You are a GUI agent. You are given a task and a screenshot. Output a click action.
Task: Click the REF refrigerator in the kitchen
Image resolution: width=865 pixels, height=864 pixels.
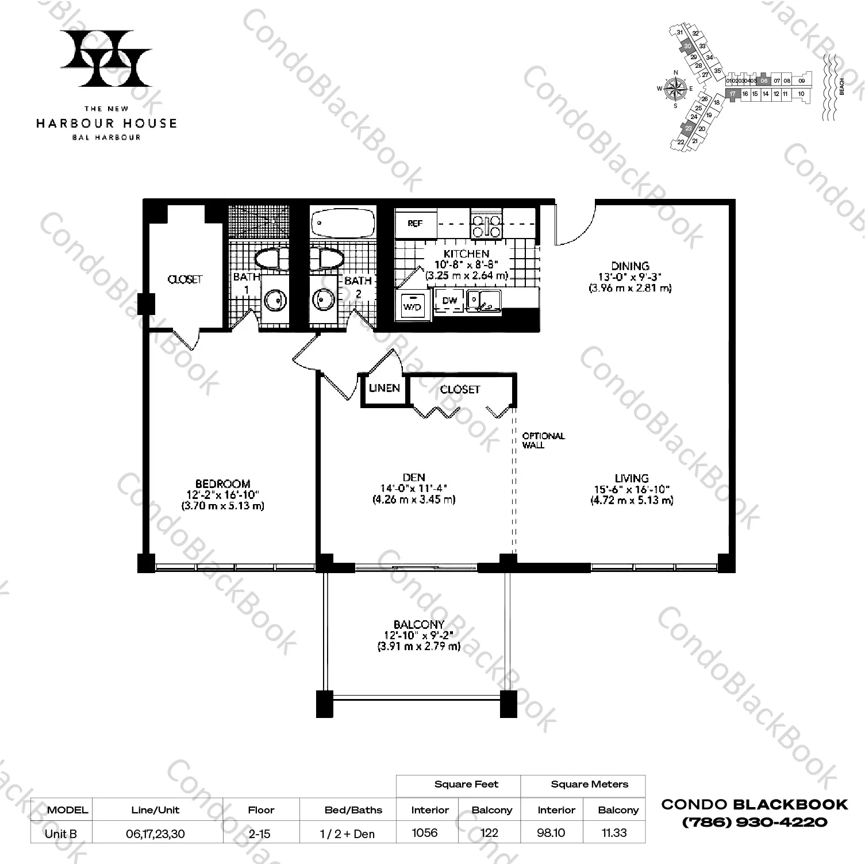[416, 224]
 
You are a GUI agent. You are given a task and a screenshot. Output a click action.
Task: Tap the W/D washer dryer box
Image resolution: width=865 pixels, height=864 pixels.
[412, 306]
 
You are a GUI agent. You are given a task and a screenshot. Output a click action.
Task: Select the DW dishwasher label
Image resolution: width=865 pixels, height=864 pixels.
[449, 300]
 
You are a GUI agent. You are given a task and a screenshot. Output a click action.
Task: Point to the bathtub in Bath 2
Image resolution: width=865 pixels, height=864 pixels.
[341, 221]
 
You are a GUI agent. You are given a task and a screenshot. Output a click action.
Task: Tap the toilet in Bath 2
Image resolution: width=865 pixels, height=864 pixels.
[325, 258]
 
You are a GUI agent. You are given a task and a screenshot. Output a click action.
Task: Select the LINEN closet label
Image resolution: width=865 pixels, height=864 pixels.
[385, 388]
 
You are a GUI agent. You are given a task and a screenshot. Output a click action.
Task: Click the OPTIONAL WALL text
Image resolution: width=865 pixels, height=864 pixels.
[543, 440]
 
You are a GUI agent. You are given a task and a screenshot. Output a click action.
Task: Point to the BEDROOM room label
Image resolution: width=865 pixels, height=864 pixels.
[222, 484]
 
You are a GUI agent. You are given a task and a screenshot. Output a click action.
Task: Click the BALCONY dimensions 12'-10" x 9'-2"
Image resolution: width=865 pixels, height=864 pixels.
[418, 636]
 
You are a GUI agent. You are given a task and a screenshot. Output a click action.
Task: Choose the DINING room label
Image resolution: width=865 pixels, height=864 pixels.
[630, 266]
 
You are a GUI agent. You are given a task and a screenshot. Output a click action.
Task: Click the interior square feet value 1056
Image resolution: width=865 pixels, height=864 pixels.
[425, 833]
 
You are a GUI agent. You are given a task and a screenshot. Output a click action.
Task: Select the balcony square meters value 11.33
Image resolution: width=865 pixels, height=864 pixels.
[614, 833]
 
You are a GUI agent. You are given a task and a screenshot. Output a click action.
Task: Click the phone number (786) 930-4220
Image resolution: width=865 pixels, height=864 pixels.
[754, 822]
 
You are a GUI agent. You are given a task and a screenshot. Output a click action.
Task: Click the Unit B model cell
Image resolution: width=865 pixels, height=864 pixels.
[61, 834]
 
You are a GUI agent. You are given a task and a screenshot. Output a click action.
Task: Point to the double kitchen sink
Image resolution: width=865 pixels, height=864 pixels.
[483, 299]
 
